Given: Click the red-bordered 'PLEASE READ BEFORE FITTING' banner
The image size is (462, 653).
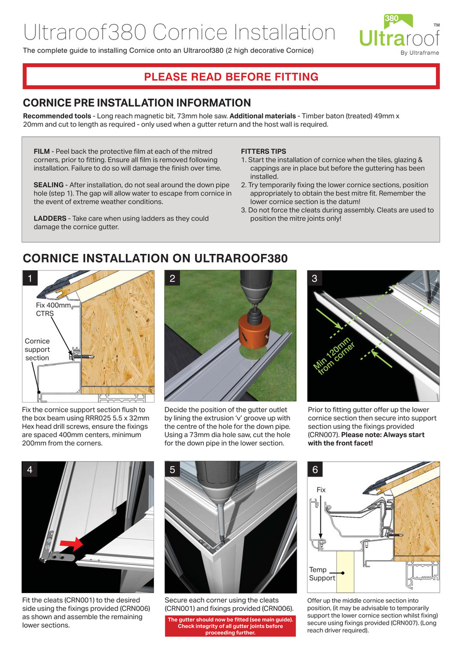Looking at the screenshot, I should [x=231, y=77].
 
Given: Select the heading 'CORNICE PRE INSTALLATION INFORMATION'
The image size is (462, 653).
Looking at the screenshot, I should [x=137, y=103].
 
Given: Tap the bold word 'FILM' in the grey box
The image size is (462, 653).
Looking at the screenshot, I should [x=42, y=152].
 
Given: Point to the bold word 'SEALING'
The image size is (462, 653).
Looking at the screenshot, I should [x=48, y=185].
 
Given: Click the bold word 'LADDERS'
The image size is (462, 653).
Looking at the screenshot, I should [x=49, y=219].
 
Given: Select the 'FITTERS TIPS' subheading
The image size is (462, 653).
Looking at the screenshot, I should [x=263, y=152].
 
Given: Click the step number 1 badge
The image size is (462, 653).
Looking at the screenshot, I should [x=30, y=279].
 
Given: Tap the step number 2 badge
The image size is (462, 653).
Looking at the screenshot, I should [x=172, y=279].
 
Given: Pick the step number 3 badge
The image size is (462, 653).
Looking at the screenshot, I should [x=315, y=279].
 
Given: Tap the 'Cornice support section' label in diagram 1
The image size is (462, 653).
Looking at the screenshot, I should [x=37, y=349].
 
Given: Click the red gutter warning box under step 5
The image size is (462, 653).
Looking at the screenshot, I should [x=230, y=626].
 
